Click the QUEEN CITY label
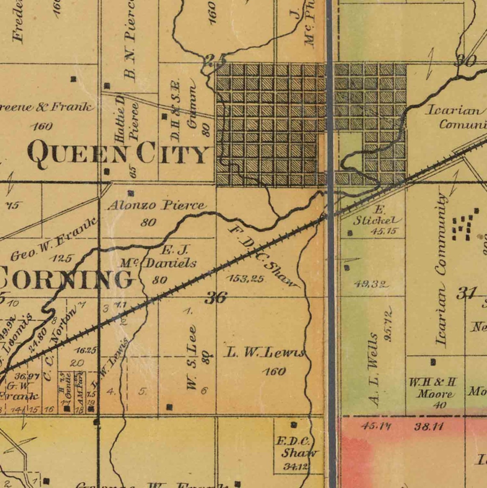point(119,155)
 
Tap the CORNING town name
point(66,279)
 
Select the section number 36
point(215,297)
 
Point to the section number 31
point(466,294)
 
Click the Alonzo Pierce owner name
point(156,206)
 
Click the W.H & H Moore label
point(433,388)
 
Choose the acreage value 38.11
point(429,426)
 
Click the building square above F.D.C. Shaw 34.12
point(293,425)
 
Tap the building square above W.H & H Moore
point(433,362)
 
